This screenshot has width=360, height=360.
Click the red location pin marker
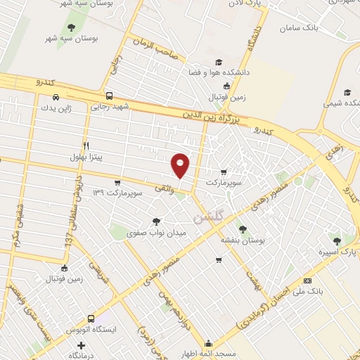(x=180, y=165)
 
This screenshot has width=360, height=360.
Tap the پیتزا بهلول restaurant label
(x=86, y=156)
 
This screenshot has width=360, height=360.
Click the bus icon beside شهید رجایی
(x=108, y=96)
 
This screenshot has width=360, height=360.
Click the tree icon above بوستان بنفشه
(x=243, y=229)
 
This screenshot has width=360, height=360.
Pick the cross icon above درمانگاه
(x=82, y=346)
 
